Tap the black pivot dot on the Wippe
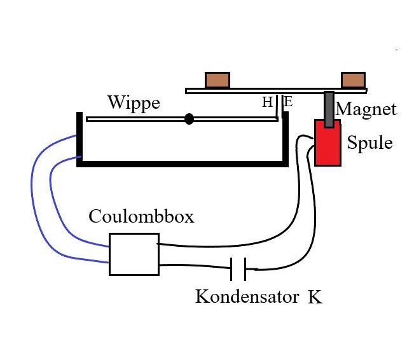click(189, 119)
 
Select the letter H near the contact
click(267, 102)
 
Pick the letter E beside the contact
click(287, 102)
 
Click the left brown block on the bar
click(217, 80)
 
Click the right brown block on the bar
click(353, 80)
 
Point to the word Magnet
click(366, 109)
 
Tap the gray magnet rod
click(329, 108)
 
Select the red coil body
click(327, 143)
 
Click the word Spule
click(369, 142)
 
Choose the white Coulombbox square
click(134, 254)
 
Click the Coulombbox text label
click(141, 216)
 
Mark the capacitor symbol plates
click(238, 268)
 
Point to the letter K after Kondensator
click(315, 296)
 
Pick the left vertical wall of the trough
click(79, 137)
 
